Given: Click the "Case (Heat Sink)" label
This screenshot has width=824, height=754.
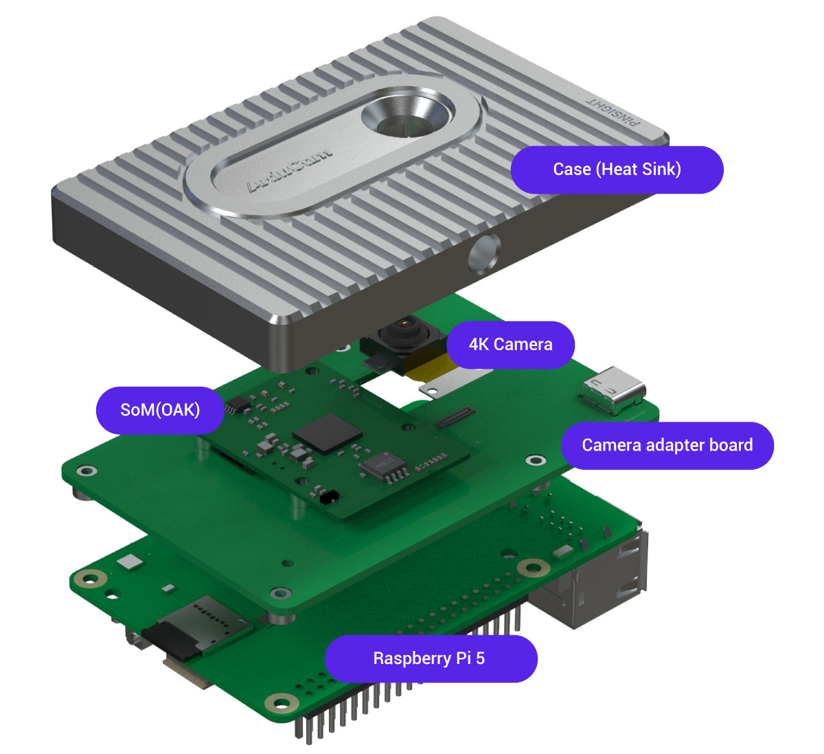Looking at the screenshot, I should click(617, 170).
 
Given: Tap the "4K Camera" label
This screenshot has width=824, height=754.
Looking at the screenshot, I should click(510, 345).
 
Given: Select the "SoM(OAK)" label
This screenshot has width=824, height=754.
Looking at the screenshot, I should click(160, 410).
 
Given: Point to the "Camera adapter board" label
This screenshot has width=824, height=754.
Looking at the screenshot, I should click(667, 446).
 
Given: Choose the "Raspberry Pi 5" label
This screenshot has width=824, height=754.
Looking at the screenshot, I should click(430, 659).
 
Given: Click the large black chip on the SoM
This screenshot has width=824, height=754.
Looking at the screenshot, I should click(328, 433).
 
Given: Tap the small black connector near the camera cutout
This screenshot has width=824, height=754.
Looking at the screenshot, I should click(455, 417).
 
